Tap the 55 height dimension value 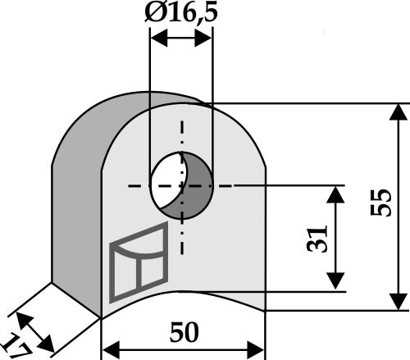point(378,205)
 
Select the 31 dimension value point(321,238)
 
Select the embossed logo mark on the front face point(139,261)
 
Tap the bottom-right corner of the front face point(264,310)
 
